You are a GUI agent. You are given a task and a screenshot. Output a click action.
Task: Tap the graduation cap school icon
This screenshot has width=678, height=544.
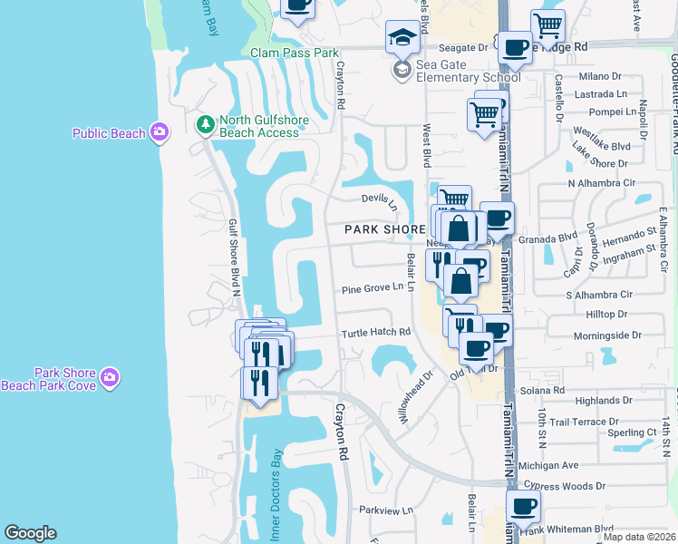(x=402, y=37)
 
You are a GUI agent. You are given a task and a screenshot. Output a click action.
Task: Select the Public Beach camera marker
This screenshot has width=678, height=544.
(x=160, y=133)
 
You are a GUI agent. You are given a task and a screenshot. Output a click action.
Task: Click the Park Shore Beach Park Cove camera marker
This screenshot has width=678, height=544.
(x=110, y=376)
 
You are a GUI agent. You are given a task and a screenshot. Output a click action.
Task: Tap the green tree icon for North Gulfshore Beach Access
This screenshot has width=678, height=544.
(x=206, y=124)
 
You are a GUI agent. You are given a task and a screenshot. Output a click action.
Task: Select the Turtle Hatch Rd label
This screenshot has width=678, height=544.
(x=376, y=333)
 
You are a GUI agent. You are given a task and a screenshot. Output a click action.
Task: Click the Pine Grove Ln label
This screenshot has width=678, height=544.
(x=372, y=288)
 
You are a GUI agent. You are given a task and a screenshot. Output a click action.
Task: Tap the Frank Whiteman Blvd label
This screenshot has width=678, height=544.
(x=577, y=528)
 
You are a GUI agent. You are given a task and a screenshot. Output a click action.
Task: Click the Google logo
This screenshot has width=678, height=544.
(x=30, y=533)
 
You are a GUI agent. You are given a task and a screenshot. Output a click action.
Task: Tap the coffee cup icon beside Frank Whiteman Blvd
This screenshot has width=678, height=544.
(x=522, y=508)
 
